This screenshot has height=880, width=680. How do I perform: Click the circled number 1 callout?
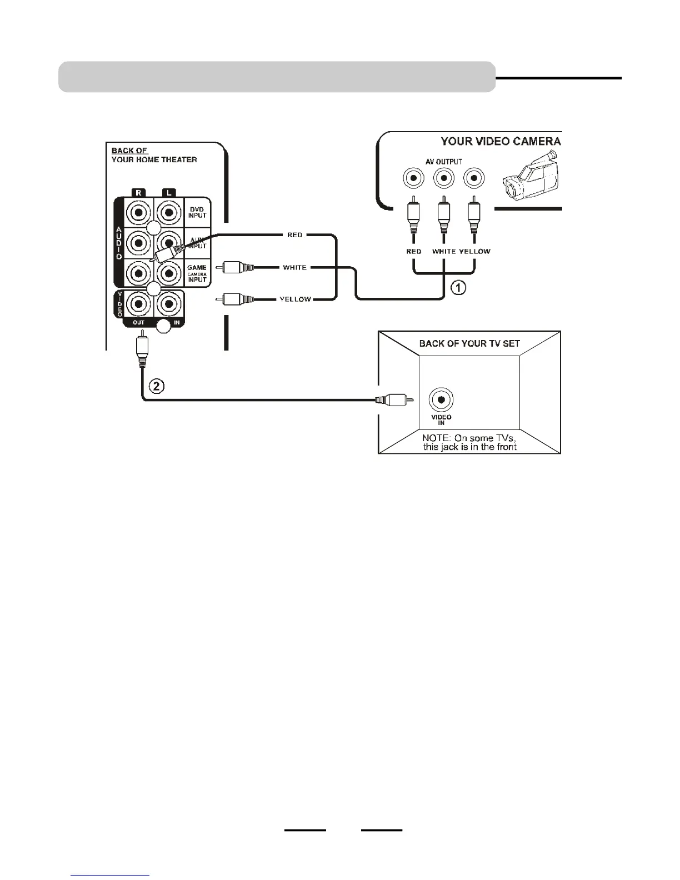tap(457, 288)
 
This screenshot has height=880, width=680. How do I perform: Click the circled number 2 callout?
tap(157, 386)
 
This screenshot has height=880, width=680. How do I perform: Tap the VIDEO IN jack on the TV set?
tap(441, 399)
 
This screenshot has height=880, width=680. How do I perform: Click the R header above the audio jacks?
tap(138, 193)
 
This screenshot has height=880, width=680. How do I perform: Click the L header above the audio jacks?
tap(169, 193)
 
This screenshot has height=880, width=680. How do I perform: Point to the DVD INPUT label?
tap(197, 213)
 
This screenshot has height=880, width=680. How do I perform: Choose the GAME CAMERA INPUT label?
tap(197, 273)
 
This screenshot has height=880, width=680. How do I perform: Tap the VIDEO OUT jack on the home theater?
tap(138, 303)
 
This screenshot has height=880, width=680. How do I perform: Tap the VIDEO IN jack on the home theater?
tap(169, 303)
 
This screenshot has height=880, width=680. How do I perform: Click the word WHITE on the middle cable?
tap(294, 268)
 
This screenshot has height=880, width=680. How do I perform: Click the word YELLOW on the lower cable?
tap(295, 299)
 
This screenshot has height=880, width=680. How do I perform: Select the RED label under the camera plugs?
tap(414, 252)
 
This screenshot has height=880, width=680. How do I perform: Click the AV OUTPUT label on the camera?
tap(444, 162)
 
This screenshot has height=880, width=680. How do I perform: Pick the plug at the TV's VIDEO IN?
tap(394, 399)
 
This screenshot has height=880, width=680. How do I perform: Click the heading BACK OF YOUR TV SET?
tap(469, 343)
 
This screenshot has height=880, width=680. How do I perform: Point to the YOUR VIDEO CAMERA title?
tap(501, 142)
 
